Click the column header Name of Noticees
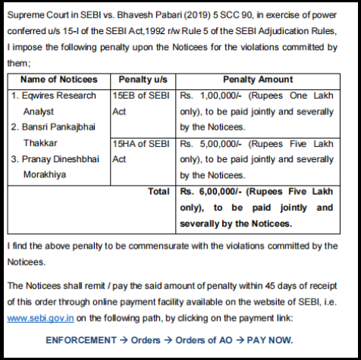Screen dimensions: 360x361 (x=58, y=79)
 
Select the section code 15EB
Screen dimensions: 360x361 (x=125, y=95)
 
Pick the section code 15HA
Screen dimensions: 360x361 (x=125, y=143)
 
